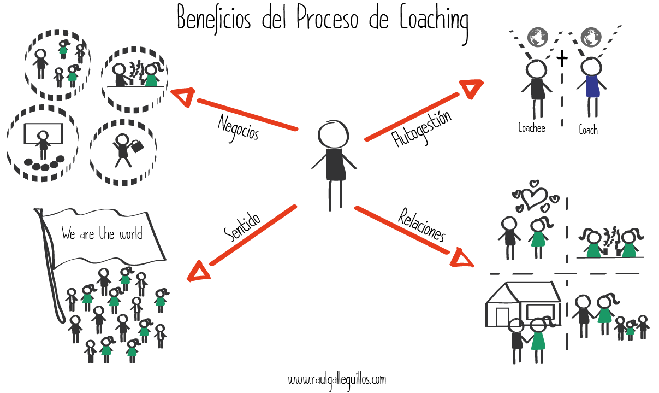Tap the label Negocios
point(238,127)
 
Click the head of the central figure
point(333,134)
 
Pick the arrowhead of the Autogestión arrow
point(472,89)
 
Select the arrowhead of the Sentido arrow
point(197,271)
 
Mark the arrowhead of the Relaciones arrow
point(462,257)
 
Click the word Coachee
point(531,128)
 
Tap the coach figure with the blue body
point(591,86)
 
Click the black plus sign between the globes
point(562,57)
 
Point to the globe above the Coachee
point(537,37)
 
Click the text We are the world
point(102,234)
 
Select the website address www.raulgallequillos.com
point(337,379)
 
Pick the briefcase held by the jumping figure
point(137,146)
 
